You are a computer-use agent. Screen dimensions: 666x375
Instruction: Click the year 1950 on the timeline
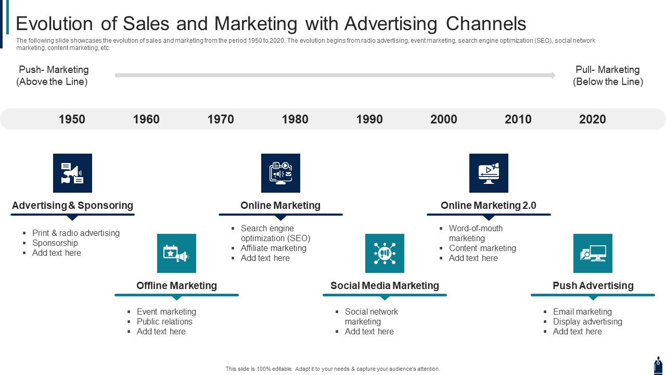pos(72,119)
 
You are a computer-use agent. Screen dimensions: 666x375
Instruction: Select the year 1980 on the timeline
pos(295,119)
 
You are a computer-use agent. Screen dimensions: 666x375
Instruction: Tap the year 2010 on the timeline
pos(518,119)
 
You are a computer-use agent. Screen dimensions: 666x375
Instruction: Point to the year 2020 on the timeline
pos(592,119)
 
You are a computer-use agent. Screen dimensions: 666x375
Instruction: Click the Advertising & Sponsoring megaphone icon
pos(72,173)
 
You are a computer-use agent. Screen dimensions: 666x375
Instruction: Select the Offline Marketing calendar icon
pos(176,253)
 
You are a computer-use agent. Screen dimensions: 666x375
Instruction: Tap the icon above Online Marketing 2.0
pos(489,173)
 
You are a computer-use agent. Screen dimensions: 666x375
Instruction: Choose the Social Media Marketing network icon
pos(385,253)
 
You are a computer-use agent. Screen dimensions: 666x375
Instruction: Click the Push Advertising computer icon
pos(593,253)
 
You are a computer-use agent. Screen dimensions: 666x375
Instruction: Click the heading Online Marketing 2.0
pos(489,205)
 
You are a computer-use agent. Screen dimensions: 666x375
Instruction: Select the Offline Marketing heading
pos(176,286)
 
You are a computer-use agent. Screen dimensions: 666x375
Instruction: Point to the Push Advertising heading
pos(593,286)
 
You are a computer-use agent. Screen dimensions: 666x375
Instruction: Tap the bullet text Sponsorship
pos(55,243)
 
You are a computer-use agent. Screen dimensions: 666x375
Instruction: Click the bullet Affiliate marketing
pos(274,248)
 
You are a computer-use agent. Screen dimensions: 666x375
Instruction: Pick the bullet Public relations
pos(164,321)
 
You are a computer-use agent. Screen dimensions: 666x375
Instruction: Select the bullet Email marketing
pos(582,311)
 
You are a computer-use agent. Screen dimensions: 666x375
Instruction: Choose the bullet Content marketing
pos(482,248)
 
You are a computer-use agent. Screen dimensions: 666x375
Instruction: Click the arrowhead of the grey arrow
pos(553,76)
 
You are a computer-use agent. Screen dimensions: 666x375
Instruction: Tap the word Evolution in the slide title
pos(55,23)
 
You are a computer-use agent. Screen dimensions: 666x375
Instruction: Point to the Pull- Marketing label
pos(608,70)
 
